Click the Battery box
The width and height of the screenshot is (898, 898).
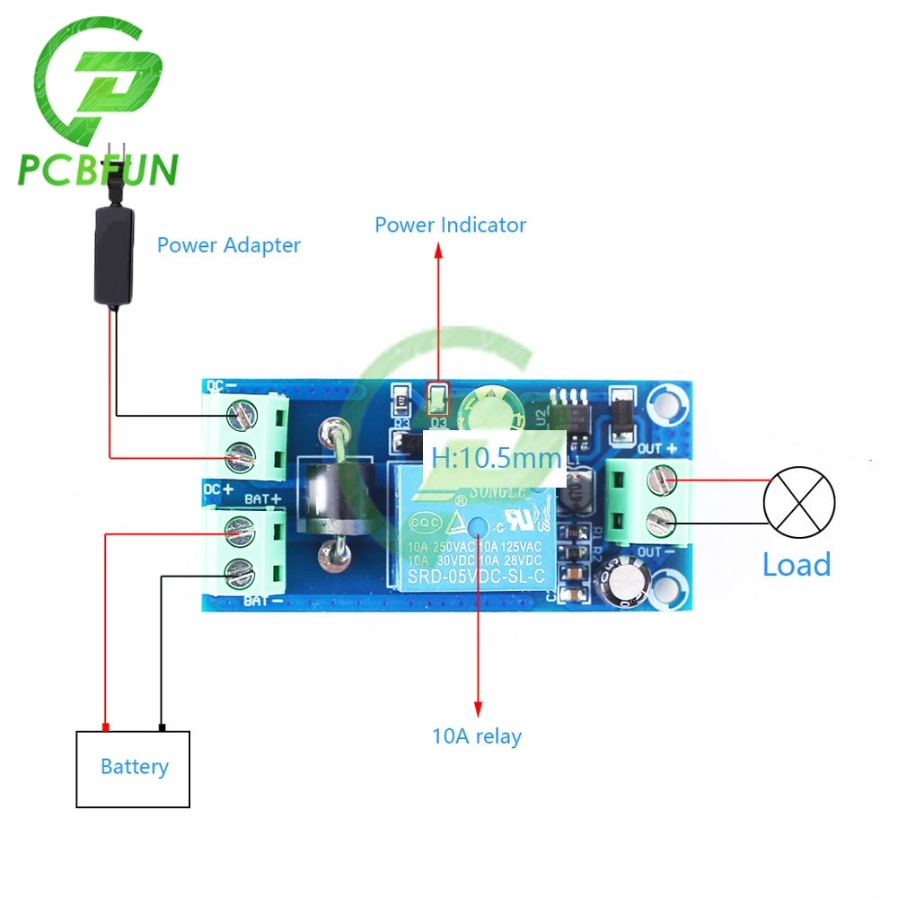pyautogui.click(x=133, y=769)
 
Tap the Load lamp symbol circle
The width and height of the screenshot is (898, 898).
pyautogui.click(x=798, y=502)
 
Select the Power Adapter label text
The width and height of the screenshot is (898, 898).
pyautogui.click(x=228, y=245)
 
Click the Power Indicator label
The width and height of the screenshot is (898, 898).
pyautogui.click(x=450, y=224)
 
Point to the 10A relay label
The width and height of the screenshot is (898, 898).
pyautogui.click(x=476, y=737)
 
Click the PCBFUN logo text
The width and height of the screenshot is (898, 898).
pyautogui.click(x=98, y=169)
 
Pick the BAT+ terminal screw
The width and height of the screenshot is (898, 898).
pyautogui.click(x=238, y=530)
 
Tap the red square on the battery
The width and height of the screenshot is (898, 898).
pyautogui.click(x=106, y=726)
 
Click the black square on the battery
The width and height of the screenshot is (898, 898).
pyautogui.click(x=162, y=726)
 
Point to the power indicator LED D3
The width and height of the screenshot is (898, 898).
pyautogui.click(x=438, y=396)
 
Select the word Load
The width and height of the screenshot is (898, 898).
pyautogui.click(x=796, y=565)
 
